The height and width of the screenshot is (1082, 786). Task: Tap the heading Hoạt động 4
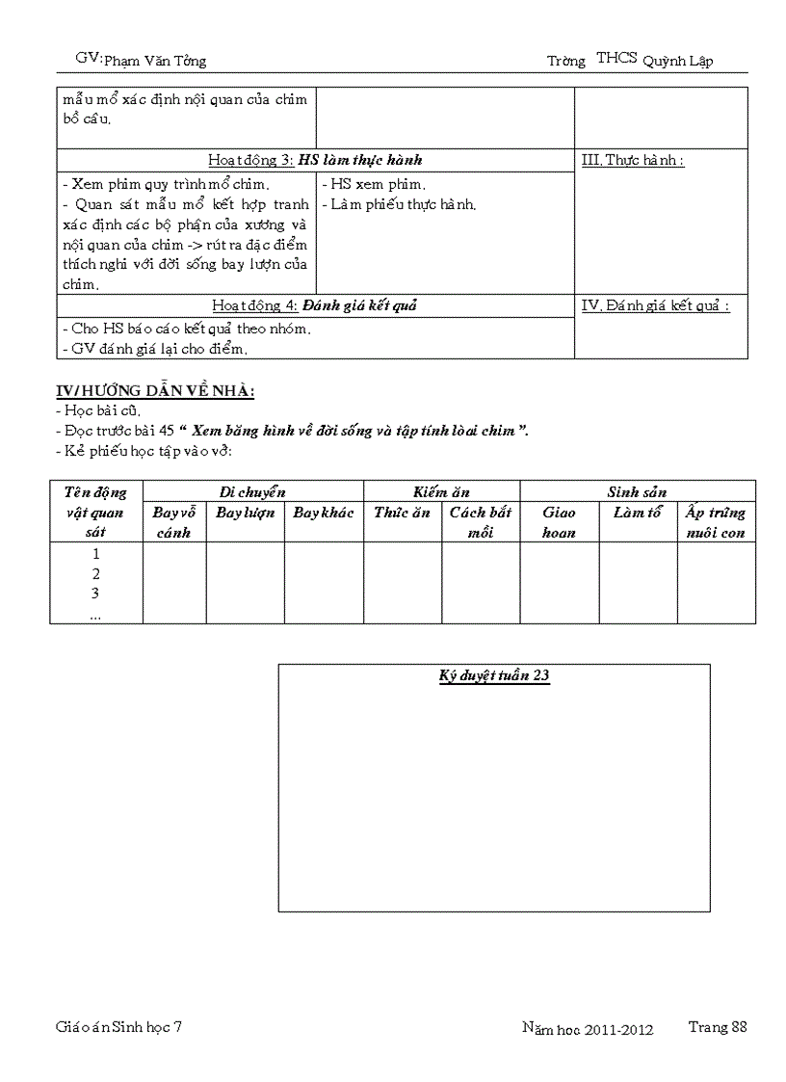click(x=314, y=305)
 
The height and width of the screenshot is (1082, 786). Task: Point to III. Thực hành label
click(x=633, y=160)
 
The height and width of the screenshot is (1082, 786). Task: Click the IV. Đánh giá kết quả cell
click(x=656, y=305)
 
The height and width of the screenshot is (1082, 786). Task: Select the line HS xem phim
click(x=374, y=184)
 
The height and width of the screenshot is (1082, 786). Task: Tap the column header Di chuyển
click(x=252, y=491)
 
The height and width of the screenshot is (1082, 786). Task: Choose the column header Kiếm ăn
click(x=441, y=491)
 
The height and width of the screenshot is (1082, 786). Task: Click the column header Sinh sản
click(x=637, y=491)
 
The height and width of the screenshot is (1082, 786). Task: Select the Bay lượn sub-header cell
click(x=245, y=513)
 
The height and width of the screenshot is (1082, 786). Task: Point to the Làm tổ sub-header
click(x=637, y=513)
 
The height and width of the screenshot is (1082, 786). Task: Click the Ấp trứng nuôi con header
click(x=715, y=522)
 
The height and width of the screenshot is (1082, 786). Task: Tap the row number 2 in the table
click(x=95, y=573)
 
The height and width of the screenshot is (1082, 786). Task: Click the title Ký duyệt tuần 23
click(x=494, y=675)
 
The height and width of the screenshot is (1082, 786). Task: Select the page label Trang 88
click(x=718, y=1027)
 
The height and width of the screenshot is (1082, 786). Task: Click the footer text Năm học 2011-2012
click(x=588, y=1030)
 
